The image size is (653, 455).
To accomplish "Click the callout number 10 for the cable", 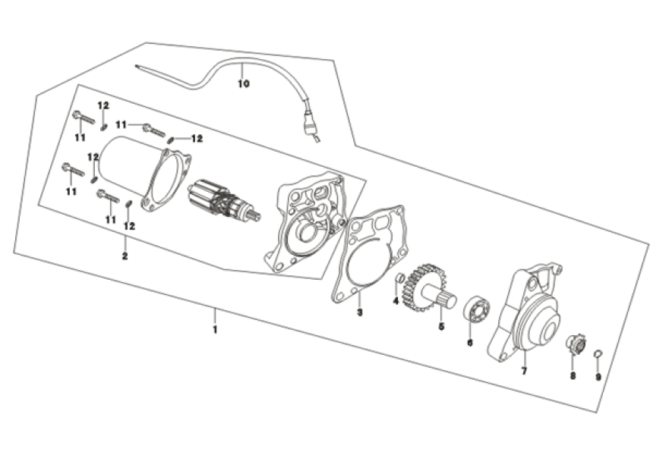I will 243,84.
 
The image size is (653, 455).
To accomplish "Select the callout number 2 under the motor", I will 125,256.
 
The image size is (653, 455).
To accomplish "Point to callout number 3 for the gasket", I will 360,311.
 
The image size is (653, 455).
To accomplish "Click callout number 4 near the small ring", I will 396,301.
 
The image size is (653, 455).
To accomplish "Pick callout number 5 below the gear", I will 440,328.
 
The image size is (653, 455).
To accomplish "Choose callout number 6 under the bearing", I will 469,343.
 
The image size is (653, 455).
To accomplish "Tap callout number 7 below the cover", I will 523,371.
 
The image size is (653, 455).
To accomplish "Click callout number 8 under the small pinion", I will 573,375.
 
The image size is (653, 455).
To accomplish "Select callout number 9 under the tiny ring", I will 598,377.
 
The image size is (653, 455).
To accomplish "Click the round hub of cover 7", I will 543,319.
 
